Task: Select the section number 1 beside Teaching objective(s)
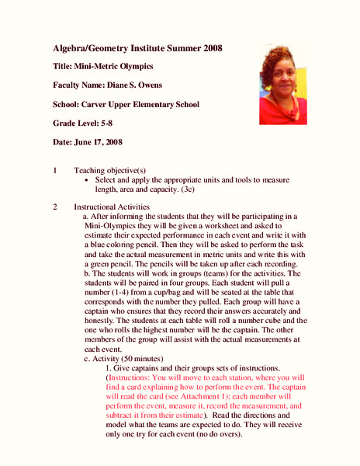pyautogui.click(x=54, y=169)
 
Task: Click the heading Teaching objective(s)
pyautogui.click(x=109, y=169)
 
